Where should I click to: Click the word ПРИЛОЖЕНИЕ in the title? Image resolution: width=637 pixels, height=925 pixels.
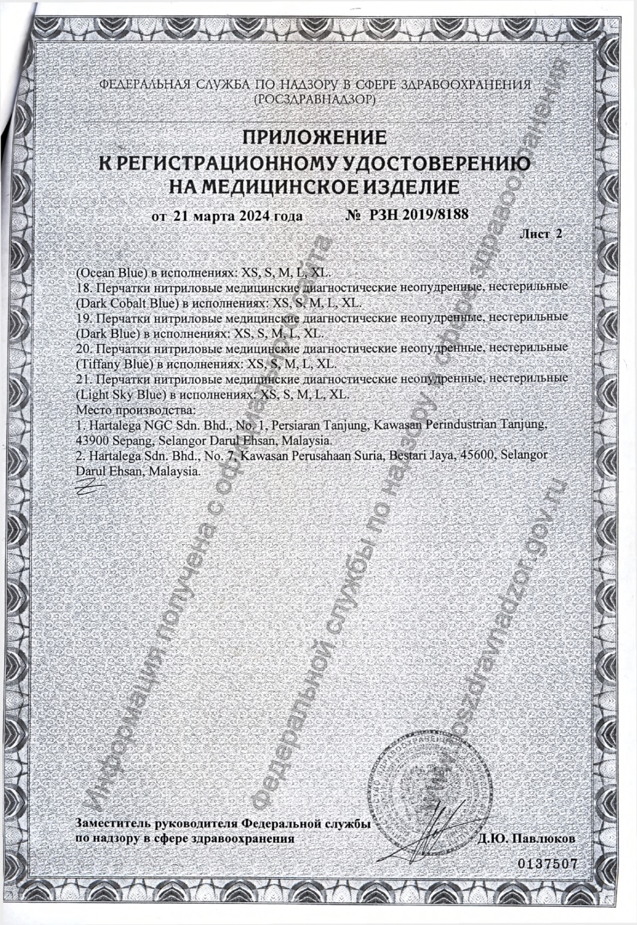315,137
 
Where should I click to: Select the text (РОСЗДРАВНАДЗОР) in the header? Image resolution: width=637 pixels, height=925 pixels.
314,100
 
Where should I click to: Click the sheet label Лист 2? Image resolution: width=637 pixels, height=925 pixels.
541,234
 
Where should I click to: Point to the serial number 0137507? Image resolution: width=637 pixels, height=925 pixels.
547,864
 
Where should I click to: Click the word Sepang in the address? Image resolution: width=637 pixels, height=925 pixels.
127,439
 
